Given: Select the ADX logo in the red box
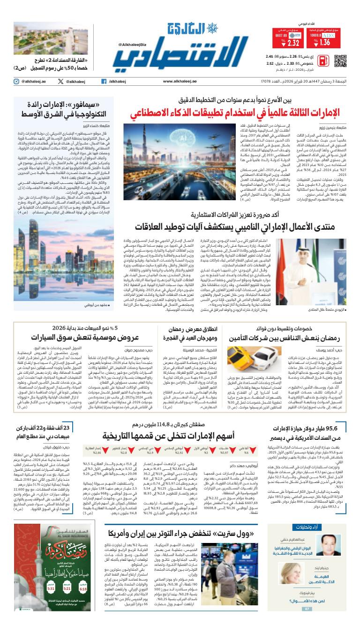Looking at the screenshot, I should tap(328, 35).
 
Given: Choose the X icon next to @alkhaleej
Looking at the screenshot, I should tap(60, 81).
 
